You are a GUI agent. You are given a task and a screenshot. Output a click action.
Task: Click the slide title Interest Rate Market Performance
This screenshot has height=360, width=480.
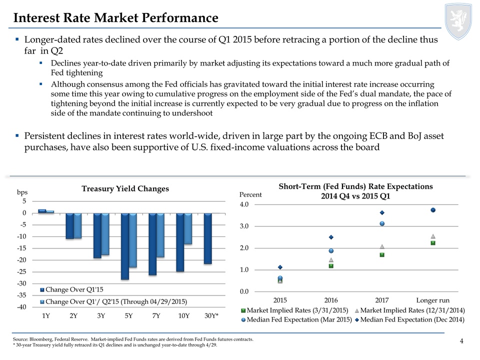116,18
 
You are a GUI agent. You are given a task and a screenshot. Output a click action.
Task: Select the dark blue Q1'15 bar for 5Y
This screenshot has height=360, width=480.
125,246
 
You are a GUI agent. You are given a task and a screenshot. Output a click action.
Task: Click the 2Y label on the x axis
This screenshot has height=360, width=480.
73,315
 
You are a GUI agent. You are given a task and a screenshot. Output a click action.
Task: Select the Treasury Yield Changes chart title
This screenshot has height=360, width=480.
125,188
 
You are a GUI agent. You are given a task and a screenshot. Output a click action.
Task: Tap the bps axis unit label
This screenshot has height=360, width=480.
22,192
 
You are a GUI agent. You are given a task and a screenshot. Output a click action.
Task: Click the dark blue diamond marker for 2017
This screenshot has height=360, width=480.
382,212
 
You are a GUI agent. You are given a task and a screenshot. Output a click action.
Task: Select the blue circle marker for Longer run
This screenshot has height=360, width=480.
433,210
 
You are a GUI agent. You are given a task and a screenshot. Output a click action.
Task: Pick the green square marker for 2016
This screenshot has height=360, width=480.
331,266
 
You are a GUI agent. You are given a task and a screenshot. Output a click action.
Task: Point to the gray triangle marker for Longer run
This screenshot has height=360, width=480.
433,236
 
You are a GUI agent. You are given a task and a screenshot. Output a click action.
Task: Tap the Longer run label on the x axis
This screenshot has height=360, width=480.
433,300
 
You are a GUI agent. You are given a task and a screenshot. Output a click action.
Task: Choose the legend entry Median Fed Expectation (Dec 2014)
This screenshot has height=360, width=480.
412,319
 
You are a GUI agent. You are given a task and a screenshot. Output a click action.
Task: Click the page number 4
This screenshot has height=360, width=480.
461,341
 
